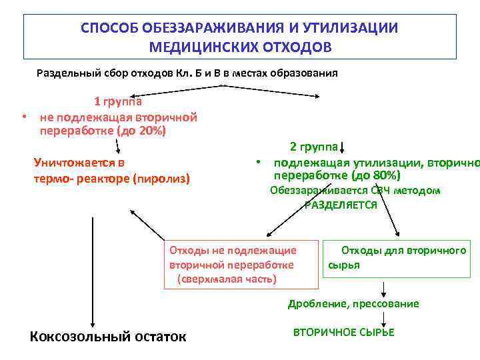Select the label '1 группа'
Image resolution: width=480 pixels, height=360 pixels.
117,102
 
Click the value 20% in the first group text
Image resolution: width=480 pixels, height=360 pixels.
151,131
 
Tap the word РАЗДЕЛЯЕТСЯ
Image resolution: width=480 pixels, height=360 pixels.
341,205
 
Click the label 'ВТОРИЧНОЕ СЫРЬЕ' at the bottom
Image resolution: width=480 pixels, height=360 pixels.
343,332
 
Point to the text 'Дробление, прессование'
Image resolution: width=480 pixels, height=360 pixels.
353,304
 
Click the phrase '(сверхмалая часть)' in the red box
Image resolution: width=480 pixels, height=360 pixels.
227,278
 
